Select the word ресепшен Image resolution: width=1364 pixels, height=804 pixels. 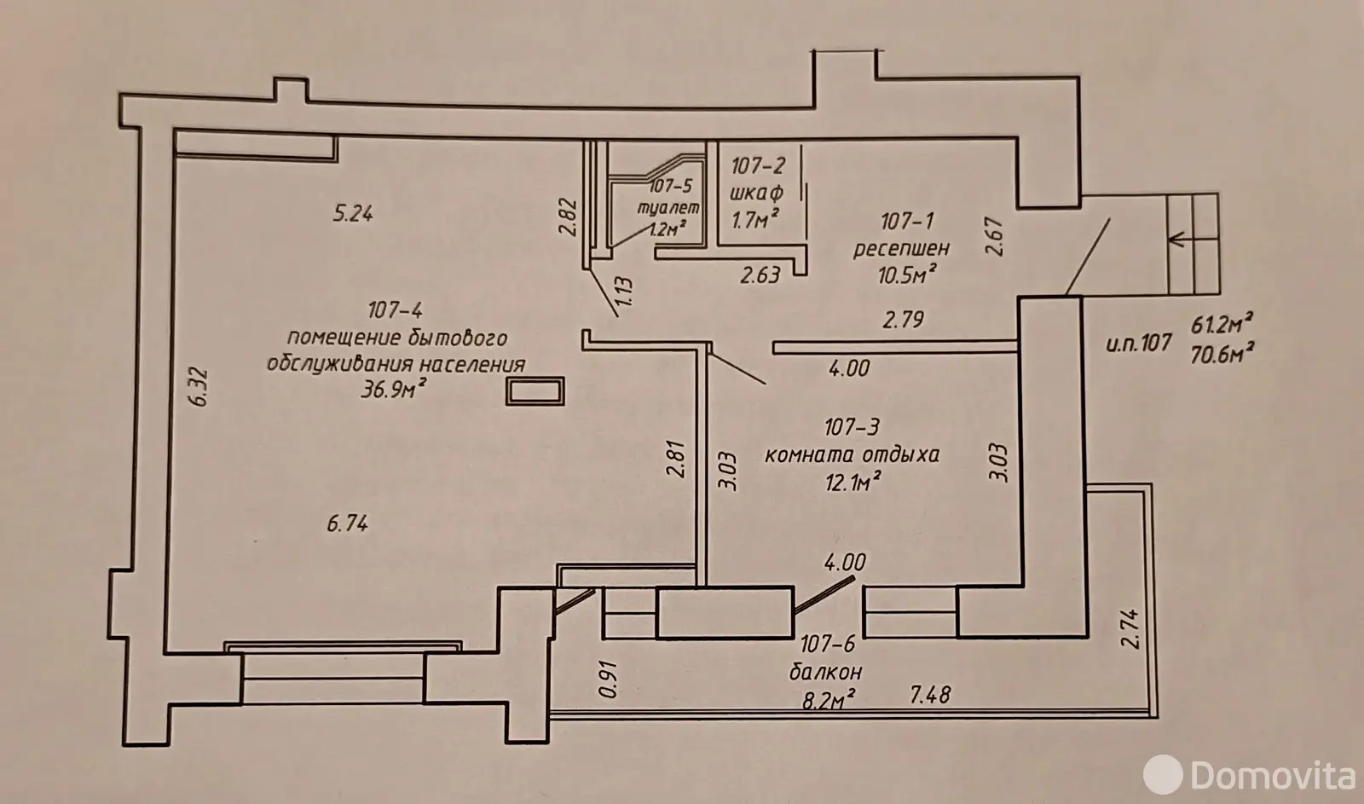pyautogui.click(x=902, y=248)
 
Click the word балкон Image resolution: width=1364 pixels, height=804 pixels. pyautogui.click(x=826, y=670)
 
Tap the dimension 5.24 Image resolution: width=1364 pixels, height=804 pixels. pyautogui.click(x=352, y=213)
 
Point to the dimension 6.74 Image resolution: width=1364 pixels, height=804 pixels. pyautogui.click(x=347, y=524)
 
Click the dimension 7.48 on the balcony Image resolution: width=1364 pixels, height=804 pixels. pyautogui.click(x=930, y=697)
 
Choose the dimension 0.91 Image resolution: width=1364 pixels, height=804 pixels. pyautogui.click(x=607, y=676)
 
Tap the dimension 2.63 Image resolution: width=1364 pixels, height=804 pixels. pyautogui.click(x=760, y=275)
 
